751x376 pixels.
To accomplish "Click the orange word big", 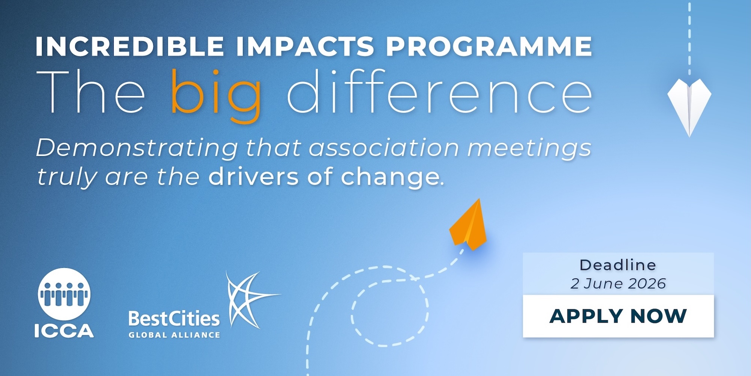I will pos(216,94).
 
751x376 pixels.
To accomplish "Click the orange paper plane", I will pos(469,226).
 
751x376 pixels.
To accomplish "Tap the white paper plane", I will pos(689,105).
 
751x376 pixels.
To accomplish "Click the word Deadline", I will pos(618,265).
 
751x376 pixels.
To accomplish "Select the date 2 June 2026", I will pos(618,284).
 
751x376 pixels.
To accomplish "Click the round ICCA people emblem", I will pos(64,294).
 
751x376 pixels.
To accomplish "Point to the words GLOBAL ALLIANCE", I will pos(174,335).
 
